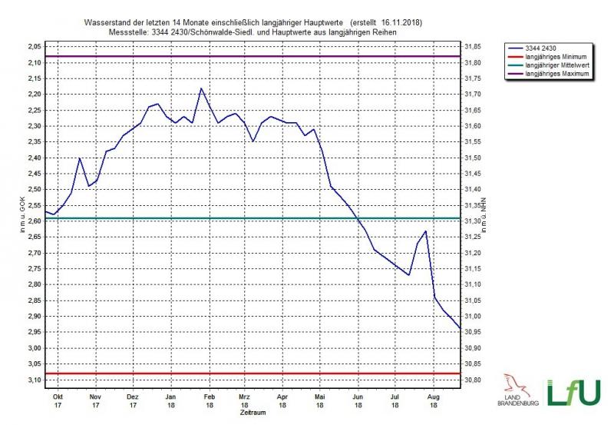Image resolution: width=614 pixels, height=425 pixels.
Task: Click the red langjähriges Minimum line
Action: [253, 374]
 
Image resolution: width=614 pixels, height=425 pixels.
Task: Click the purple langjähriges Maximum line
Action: [253, 57]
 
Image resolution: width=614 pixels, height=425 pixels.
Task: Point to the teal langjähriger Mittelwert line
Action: [253, 218]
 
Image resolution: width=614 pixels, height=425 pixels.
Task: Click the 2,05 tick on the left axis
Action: [34, 47]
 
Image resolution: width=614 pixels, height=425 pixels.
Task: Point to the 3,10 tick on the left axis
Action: [34, 380]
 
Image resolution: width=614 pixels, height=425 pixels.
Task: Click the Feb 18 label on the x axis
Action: [207, 400]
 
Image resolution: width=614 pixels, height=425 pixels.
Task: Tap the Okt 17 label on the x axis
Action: [57, 400]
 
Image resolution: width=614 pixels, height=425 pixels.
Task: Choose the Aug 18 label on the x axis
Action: [433, 400]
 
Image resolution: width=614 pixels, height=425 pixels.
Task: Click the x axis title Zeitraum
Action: [253, 413]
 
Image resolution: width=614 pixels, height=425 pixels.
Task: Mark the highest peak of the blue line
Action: [201, 88]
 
